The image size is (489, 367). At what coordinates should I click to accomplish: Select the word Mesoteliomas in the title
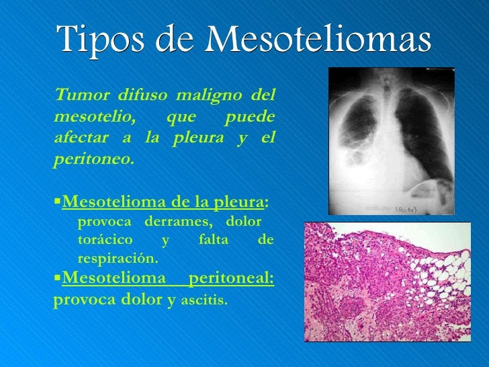pos(318,38)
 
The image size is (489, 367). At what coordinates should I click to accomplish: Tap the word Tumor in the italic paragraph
pos(83,95)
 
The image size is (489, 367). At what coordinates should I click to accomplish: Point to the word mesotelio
pos(95,118)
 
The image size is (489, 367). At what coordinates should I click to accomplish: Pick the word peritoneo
pos(94,159)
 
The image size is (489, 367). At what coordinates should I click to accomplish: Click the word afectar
pos(81,137)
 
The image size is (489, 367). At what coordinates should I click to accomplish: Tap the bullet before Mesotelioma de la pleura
pos(57,200)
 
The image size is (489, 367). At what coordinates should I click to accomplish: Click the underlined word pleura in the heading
pos(239,203)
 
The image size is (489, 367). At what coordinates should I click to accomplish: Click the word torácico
pos(105,240)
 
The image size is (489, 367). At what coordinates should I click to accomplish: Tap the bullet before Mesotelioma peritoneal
pos(57,276)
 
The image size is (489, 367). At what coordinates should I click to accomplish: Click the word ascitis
pos(204,300)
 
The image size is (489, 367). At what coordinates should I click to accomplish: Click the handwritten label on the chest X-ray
pos(406,210)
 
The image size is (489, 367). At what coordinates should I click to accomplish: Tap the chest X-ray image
pos(392,141)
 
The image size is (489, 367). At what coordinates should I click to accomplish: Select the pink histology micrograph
pos(388,282)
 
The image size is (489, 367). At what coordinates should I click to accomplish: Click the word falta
pos(214,240)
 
